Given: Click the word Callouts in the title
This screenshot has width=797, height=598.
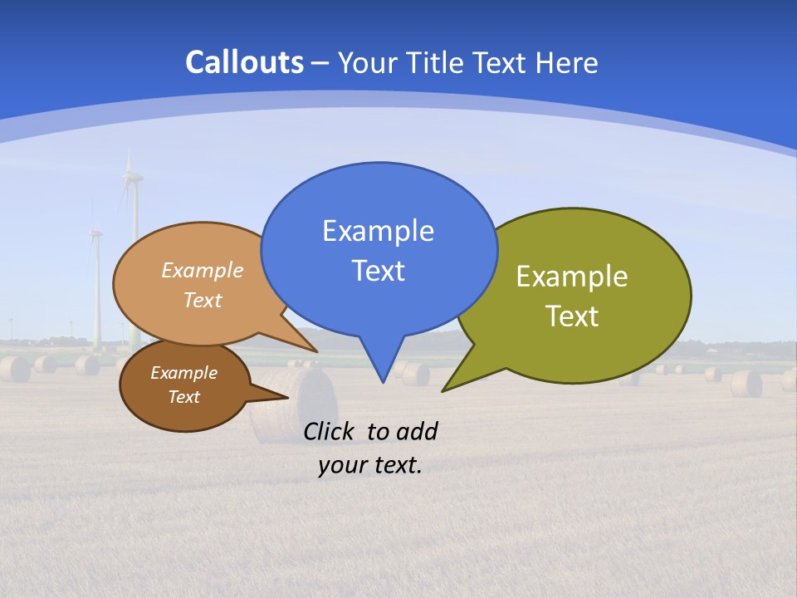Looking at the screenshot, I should pos(244,62).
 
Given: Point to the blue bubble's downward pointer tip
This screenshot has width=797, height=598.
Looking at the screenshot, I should pos(382,381).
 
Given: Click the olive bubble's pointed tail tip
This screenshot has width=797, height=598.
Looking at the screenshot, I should pos(443,390).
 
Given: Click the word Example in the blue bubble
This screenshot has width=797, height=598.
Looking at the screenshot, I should pos(378,231).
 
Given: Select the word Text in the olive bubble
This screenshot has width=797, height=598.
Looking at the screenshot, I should pos(572,316).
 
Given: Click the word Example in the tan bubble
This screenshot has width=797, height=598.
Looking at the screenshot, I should pos(203,271).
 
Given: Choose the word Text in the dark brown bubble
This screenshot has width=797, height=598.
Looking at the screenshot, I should pos(183,397).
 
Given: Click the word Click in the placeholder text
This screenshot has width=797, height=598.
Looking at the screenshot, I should pos(331,431).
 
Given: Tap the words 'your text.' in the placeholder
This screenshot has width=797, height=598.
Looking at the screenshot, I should pos(370,465).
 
